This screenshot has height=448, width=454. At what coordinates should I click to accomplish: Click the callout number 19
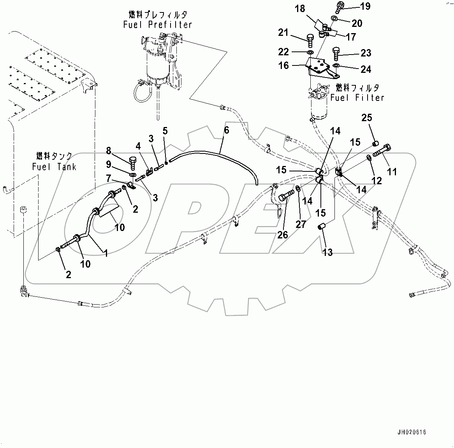pos(365,6)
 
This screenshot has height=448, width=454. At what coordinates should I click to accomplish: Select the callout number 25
pos(367,118)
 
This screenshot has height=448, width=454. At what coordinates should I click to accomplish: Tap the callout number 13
pos(327,252)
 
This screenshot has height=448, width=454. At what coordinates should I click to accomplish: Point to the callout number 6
pos(226,131)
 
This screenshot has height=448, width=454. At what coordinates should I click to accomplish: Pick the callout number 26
pos(283,234)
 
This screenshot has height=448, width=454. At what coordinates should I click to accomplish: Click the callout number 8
pos(108,150)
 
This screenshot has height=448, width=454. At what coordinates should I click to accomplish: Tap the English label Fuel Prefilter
pos(158,25)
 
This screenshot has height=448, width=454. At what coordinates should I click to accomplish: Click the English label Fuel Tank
pos(55,167)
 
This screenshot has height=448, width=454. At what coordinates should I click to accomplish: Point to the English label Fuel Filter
pos(357,97)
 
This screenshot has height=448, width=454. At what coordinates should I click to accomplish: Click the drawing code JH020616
pos(412,432)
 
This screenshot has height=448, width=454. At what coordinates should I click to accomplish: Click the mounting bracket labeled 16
pos(319,67)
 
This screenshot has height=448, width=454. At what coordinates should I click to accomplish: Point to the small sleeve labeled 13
pos(322,226)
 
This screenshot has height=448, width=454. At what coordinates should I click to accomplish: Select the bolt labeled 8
pos(132,162)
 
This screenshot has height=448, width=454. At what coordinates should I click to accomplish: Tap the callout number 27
pos(301,224)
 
